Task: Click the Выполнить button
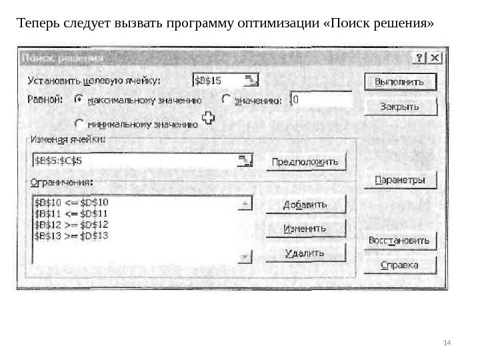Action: click(399, 82)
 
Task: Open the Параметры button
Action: click(399, 180)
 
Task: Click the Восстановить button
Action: click(400, 241)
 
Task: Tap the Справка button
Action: click(400, 265)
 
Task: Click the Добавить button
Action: click(306, 205)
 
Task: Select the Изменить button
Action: click(306, 229)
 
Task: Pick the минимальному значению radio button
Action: click(79, 123)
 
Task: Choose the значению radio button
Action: click(226, 99)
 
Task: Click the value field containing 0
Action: click(321, 99)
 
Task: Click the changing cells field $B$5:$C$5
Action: click(133, 161)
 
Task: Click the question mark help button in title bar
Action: click(421, 58)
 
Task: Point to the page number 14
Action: click(447, 343)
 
